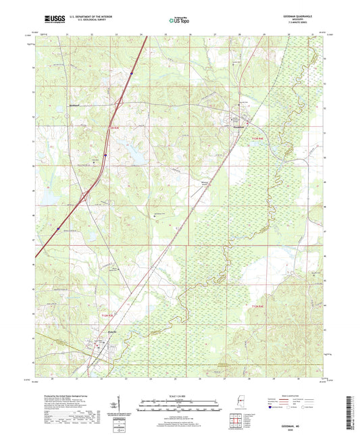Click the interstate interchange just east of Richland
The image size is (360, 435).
[117, 103]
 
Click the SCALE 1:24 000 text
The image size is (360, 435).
[180, 395]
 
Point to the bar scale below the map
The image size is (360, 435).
[180, 407]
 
